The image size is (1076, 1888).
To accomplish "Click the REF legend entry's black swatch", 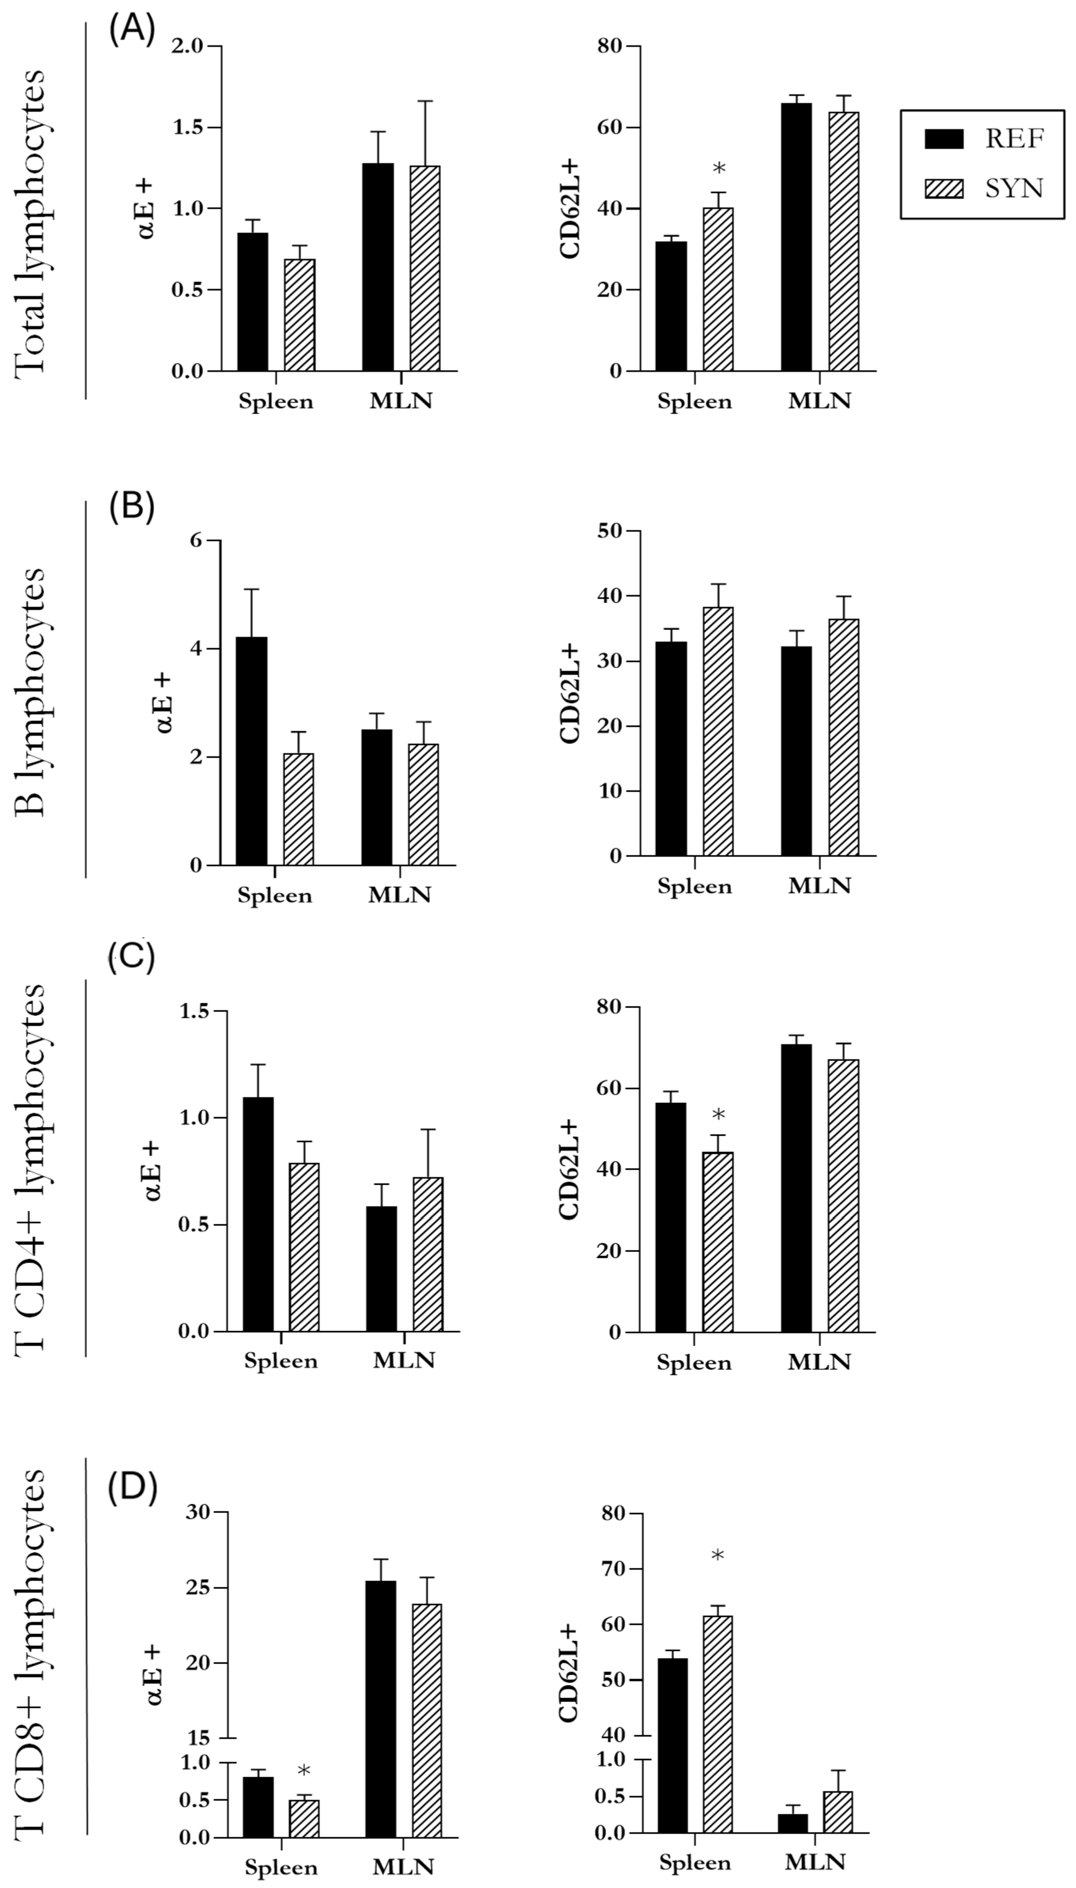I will pyautogui.click(x=944, y=139).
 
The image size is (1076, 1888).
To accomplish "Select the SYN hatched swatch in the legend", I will pyautogui.click(x=944, y=189).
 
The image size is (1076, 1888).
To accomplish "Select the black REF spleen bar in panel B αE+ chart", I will pyautogui.click(x=251, y=750).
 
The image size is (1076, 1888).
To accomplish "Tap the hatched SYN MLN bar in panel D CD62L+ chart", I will pyautogui.click(x=838, y=1812).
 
